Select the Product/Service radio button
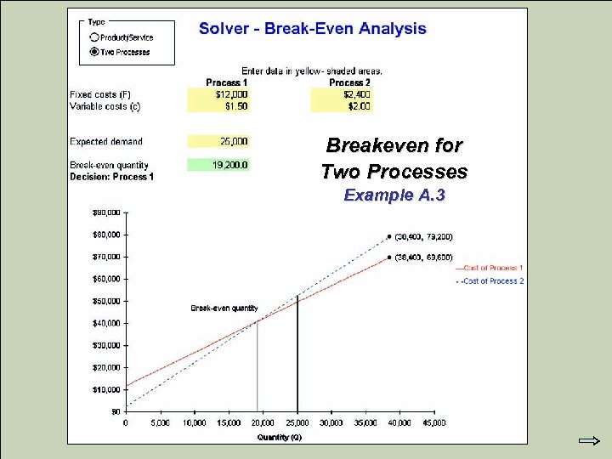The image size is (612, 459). click(x=93, y=37)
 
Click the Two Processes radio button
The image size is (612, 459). click(x=93, y=52)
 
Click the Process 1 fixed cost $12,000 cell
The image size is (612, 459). click(x=218, y=94)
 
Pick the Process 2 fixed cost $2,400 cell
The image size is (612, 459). click(x=342, y=94)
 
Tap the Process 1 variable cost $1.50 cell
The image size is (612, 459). click(x=218, y=106)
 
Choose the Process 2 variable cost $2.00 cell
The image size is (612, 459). click(x=342, y=106)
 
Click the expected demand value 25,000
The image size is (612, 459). click(x=218, y=141)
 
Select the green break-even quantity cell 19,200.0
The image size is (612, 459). click(x=218, y=165)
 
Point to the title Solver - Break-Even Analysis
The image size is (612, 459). click(x=312, y=29)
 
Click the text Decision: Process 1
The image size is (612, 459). click(x=111, y=177)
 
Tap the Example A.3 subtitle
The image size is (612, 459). click(x=394, y=195)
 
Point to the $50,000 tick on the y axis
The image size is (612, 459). click(x=106, y=301)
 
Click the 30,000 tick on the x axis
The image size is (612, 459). click(x=331, y=422)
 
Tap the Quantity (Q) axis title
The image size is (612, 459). click(x=279, y=437)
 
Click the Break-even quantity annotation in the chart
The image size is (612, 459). click(x=224, y=308)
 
